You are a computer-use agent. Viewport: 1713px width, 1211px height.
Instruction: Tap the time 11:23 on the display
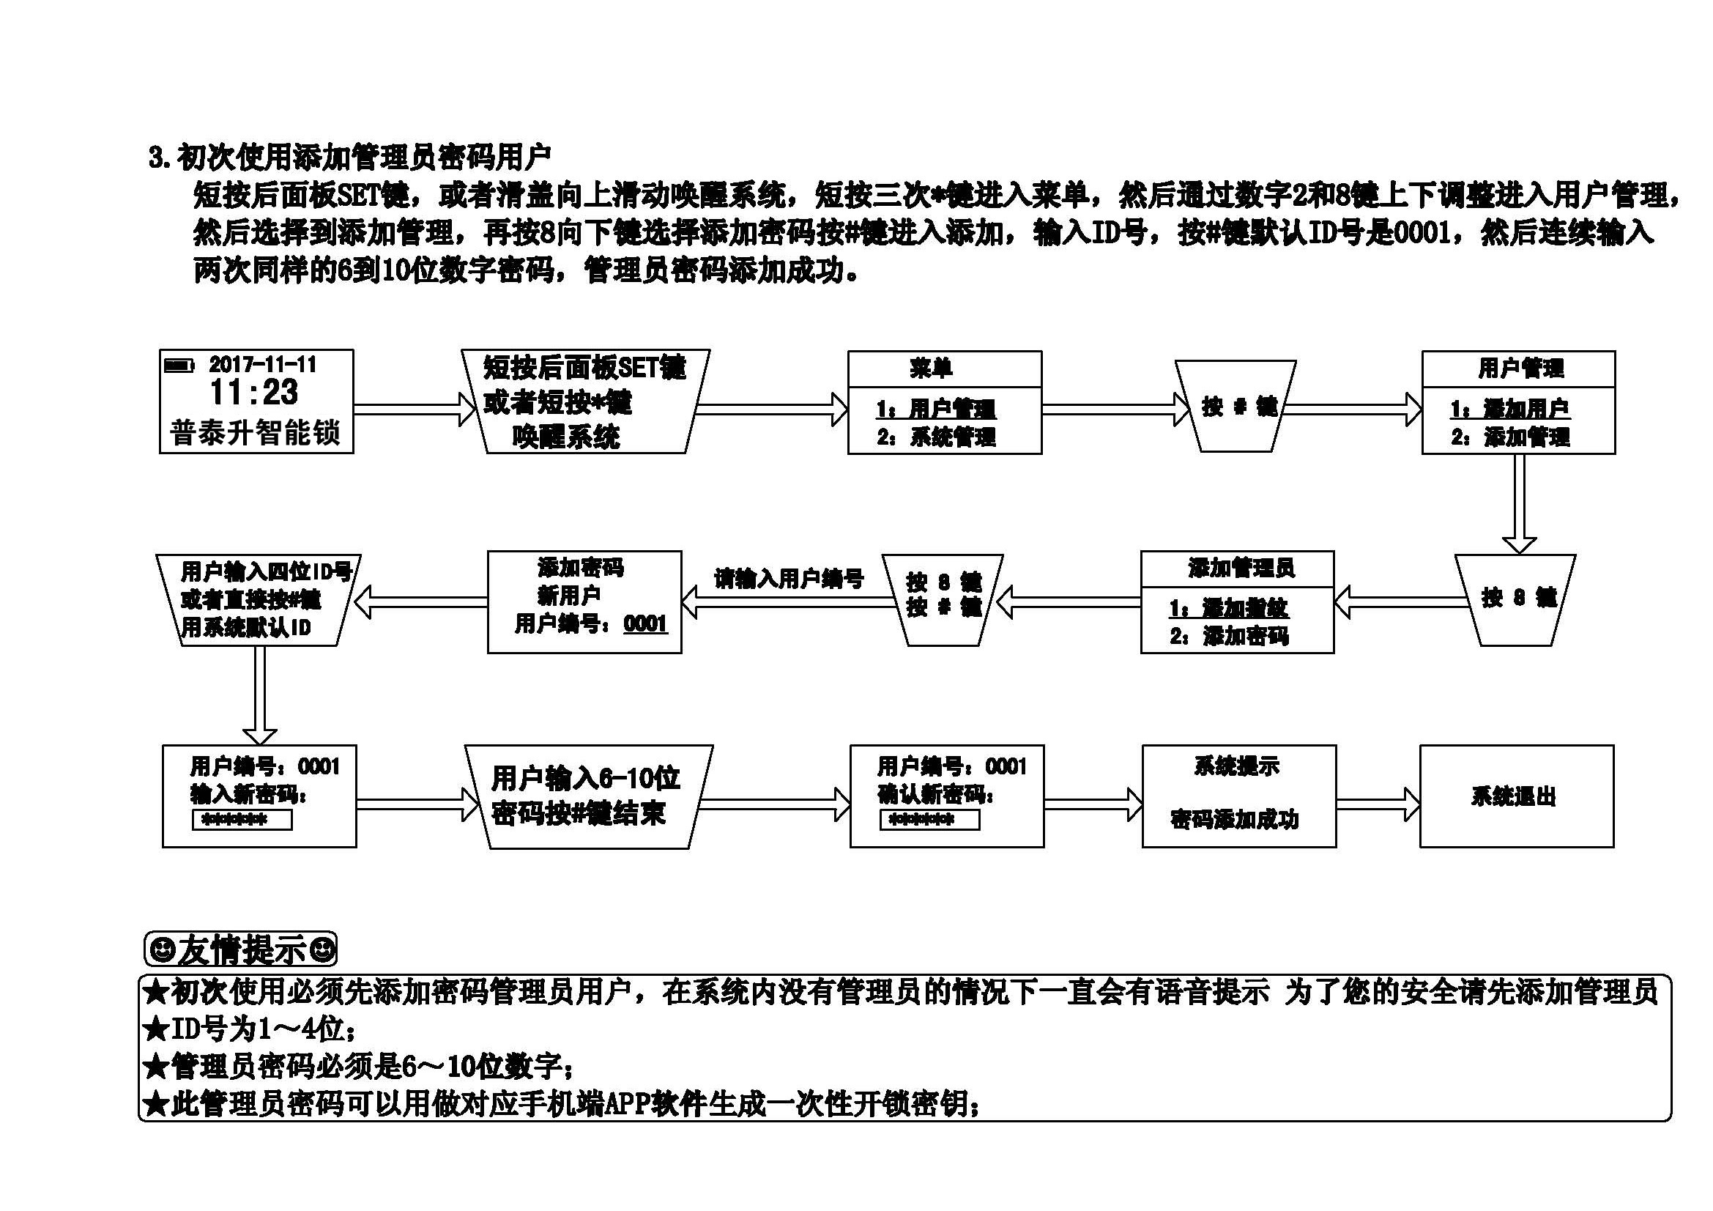click(253, 393)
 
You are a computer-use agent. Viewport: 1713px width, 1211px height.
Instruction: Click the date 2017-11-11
click(263, 365)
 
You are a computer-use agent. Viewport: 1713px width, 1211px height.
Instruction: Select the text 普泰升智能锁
click(255, 433)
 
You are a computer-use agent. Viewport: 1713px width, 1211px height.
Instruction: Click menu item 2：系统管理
click(937, 437)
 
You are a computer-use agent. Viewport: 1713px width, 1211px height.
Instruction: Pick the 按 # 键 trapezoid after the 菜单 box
click(1235, 407)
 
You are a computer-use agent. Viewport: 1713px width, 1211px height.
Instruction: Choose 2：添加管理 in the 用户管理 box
click(1510, 437)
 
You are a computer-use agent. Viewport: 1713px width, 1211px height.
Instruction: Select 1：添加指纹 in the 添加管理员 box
click(1229, 608)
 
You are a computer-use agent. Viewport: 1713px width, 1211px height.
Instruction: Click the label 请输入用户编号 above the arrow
click(789, 578)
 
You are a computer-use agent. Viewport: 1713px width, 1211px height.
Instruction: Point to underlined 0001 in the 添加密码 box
click(645, 623)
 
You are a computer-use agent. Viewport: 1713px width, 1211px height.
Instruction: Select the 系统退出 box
click(1516, 796)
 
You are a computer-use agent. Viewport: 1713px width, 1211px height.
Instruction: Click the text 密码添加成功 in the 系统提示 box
click(1235, 820)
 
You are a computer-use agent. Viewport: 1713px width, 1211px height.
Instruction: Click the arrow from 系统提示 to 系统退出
click(1378, 804)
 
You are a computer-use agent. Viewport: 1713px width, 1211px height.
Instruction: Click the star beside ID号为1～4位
click(155, 1031)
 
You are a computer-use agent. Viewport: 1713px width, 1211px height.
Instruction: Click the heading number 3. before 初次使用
click(160, 158)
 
